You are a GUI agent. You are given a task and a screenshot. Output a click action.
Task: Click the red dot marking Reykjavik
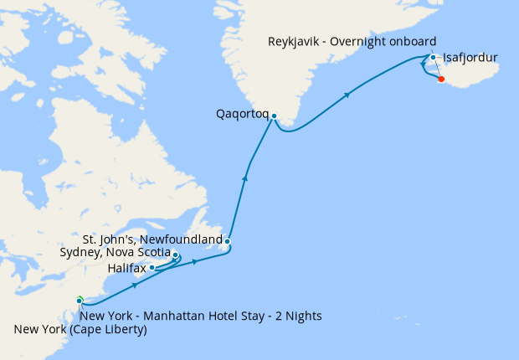coord(441,80)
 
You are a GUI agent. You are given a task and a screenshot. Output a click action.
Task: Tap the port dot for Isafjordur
coord(433,58)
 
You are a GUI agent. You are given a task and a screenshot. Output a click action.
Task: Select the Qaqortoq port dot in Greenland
coord(274,116)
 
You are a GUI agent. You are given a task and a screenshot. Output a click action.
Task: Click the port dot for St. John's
coord(227,242)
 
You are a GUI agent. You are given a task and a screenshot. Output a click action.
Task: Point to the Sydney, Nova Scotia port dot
coord(176,255)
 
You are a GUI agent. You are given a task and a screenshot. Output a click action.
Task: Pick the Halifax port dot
coord(152,268)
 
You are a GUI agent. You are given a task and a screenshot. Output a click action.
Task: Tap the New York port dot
coord(80,301)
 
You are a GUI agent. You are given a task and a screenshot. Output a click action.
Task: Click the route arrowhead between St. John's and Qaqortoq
coord(245,177)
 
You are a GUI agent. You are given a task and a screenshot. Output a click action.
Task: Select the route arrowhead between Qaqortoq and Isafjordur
coord(346,97)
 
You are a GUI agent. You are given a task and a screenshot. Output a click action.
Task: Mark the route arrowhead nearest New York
coord(134,285)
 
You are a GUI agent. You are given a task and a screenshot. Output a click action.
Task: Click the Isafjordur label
coord(470,58)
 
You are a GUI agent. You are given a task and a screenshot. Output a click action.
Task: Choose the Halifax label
coord(127,268)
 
